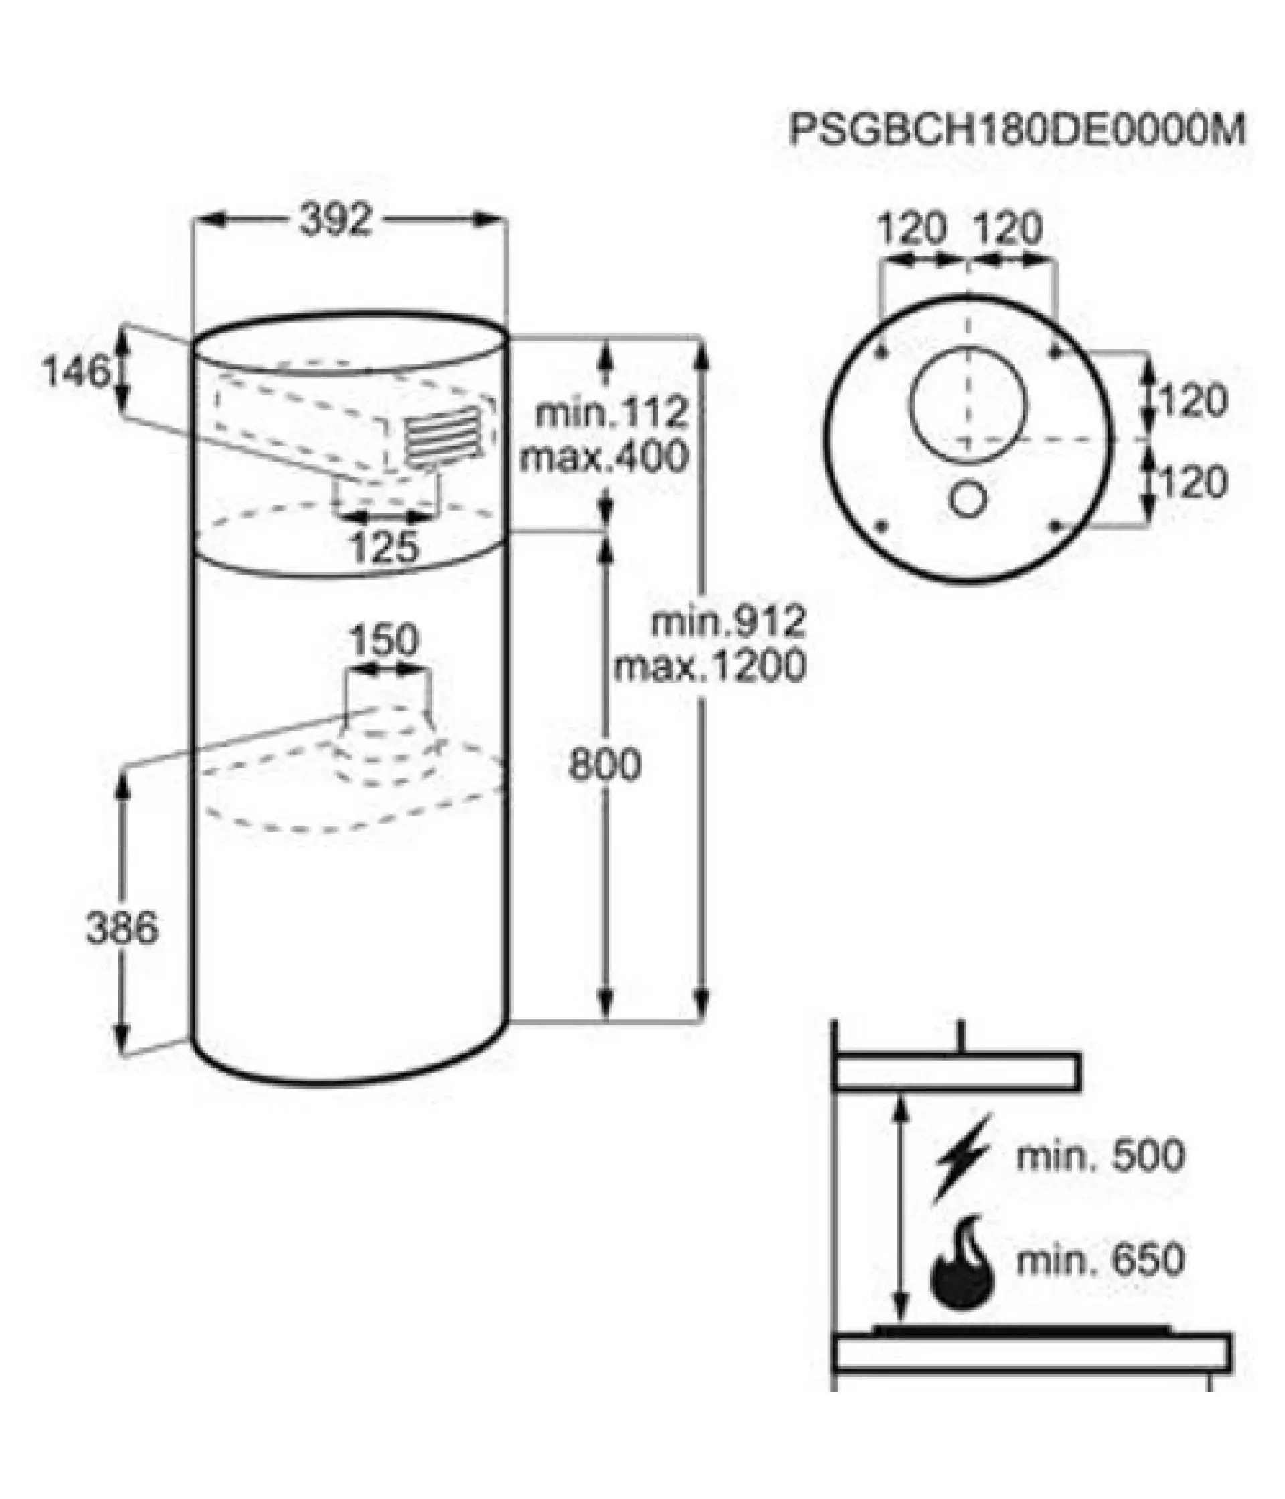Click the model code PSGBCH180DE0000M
click(x=1017, y=130)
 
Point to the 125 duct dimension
click(x=385, y=547)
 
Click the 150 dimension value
click(x=385, y=641)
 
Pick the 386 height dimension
click(x=122, y=928)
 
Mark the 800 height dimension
click(x=605, y=764)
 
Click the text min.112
click(x=612, y=413)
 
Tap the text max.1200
click(x=711, y=666)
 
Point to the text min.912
click(x=729, y=622)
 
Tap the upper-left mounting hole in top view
click(x=881, y=352)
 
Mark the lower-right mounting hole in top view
click(x=1055, y=525)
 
